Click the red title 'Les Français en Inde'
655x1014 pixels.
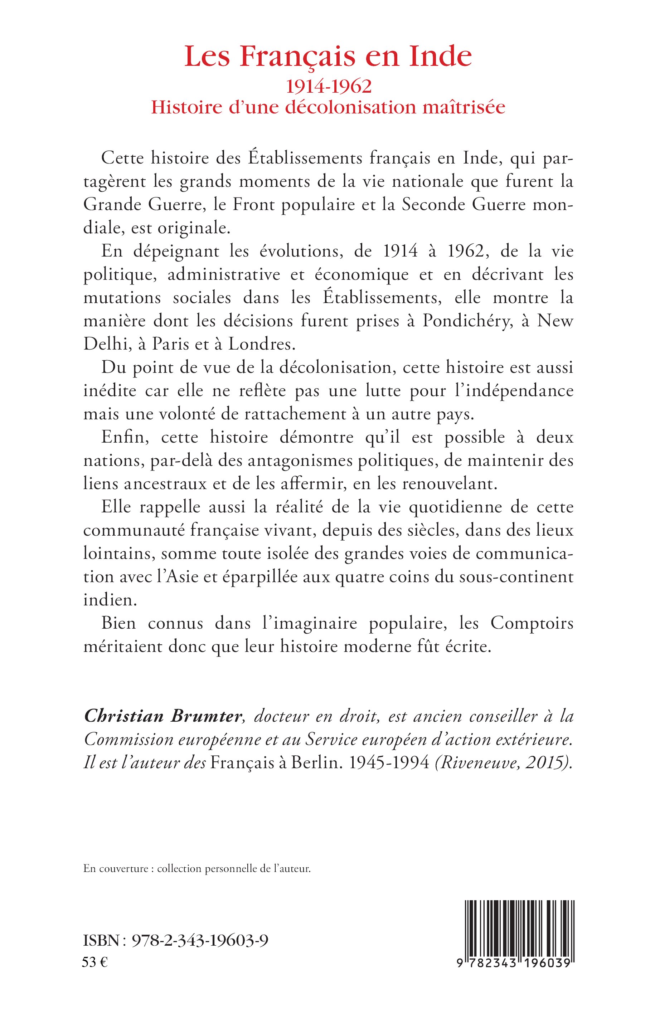[328, 57]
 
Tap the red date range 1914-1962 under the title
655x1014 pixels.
[328, 86]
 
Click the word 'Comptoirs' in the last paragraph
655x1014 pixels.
[532, 623]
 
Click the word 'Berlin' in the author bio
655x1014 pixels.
[316, 763]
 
